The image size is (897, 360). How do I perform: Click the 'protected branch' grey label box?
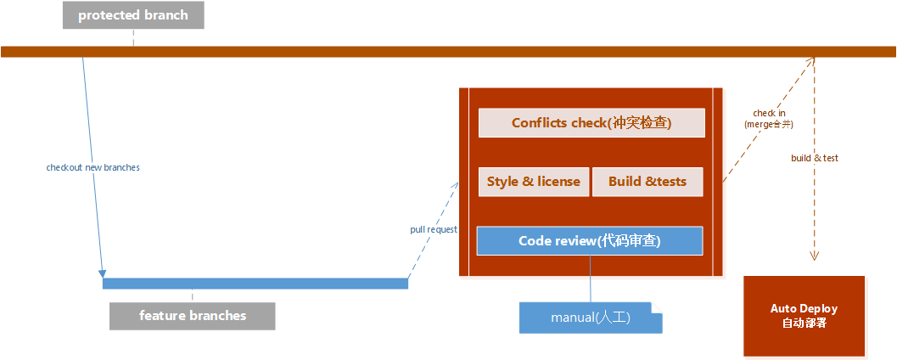tap(133, 15)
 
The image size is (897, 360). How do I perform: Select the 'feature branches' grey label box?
tap(193, 316)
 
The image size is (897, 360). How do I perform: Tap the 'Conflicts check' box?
tap(591, 123)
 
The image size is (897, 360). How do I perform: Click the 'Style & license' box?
tap(534, 182)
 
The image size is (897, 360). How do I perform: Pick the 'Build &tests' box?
tap(648, 182)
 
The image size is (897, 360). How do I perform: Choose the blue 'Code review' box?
tap(590, 241)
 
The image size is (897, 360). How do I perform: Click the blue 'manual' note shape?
tap(590, 318)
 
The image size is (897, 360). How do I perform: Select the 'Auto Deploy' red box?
tap(804, 316)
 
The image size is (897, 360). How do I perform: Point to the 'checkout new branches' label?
tap(93, 168)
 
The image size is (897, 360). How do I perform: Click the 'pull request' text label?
tap(433, 229)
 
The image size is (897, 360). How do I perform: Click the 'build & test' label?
tap(815, 158)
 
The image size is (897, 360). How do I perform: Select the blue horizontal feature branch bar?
tap(255, 283)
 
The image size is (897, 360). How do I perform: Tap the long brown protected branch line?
tap(424, 52)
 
